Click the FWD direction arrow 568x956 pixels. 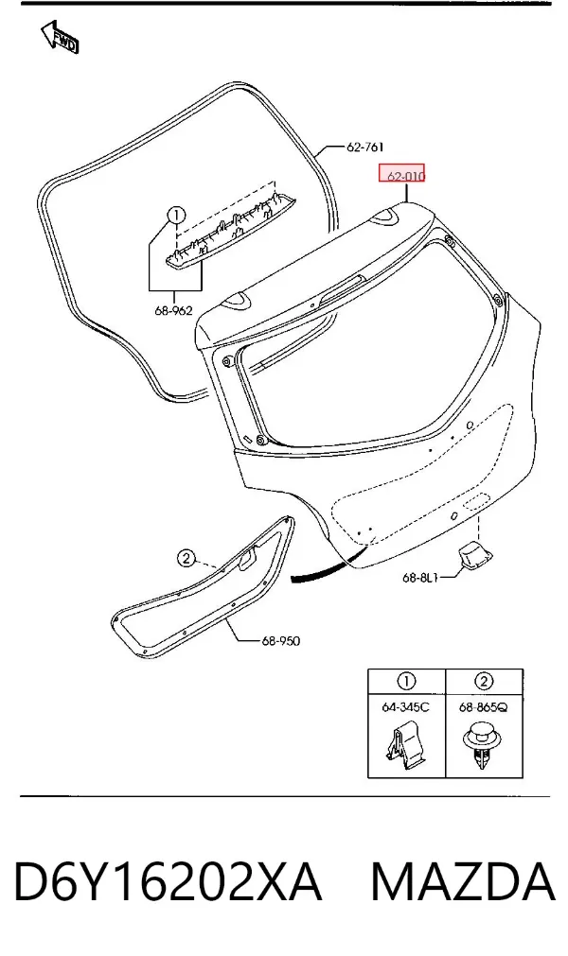pos(60,37)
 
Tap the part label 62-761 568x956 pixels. pos(364,147)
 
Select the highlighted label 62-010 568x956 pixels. pos(402,174)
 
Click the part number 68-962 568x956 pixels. pos(173,310)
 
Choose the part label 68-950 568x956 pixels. pos(280,641)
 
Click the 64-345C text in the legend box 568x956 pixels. pos(406,707)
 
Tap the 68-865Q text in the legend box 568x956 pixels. pos(483,707)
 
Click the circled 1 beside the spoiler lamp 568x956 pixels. pos(176,215)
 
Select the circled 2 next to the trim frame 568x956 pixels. pos(186,558)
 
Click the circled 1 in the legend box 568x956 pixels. pos(406,681)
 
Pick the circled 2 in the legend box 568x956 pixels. pos(483,681)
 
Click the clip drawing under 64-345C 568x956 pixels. pos(406,744)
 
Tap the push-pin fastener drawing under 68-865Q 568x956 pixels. pos(482,745)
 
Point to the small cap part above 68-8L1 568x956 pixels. pos(474,552)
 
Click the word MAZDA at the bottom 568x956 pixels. pos(463,881)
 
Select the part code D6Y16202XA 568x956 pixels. pos(168,881)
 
